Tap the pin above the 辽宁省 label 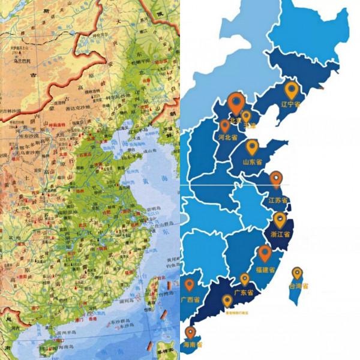[292, 90]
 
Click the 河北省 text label [227, 137]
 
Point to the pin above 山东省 [252, 146]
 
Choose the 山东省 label [252, 162]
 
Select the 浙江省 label [281, 234]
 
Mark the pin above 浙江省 [280, 219]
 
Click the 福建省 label [264, 270]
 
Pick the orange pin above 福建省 [265, 253]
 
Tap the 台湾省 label [298, 287]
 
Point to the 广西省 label [190, 299]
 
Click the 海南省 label [191, 345]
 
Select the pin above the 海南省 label [190, 332]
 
